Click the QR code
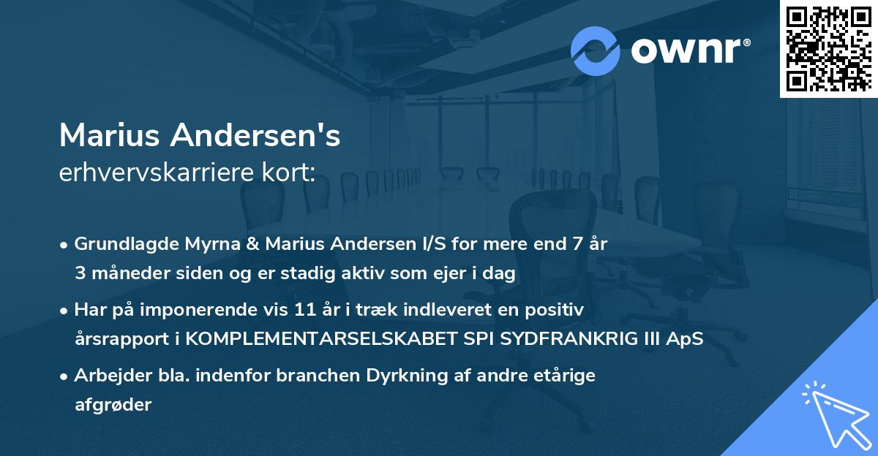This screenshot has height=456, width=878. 828,49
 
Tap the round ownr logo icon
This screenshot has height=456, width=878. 596,50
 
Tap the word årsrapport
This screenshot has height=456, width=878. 119,339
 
